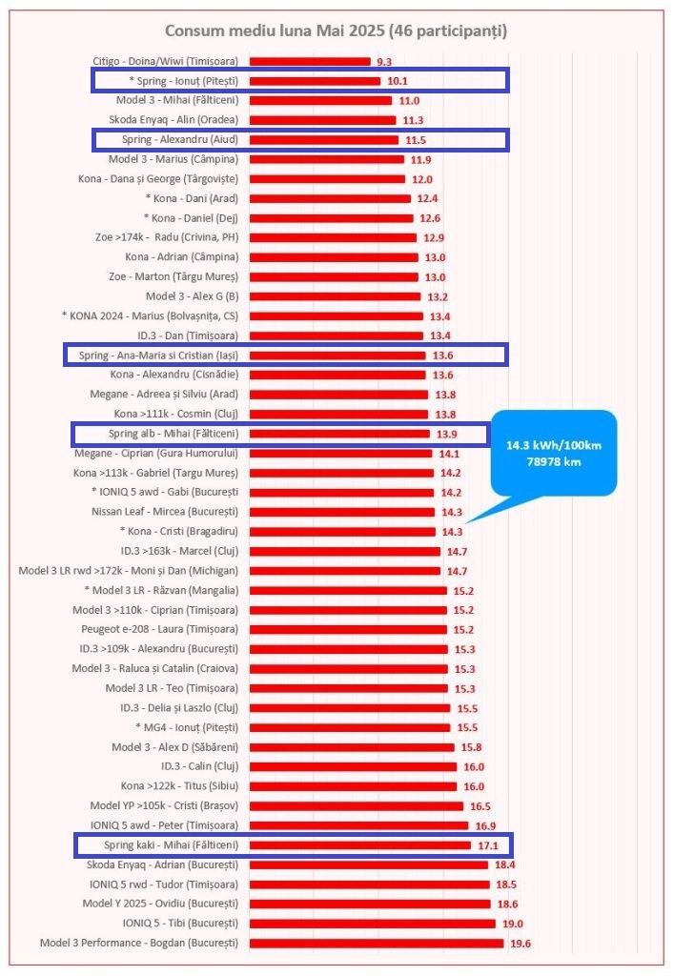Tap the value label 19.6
tap(518, 944)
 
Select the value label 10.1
tap(397, 81)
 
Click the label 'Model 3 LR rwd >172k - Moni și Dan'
tap(128, 570)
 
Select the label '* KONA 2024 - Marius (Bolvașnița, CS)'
tap(150, 315)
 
